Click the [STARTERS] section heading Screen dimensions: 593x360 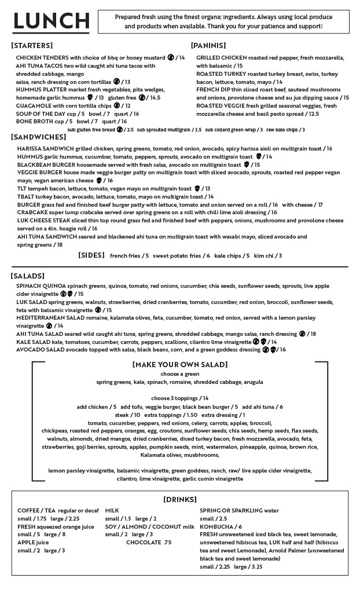pos(32,45)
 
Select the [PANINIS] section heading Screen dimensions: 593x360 pos(208,45)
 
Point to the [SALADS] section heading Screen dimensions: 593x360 pos(28,276)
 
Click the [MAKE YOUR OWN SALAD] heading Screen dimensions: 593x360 pos(179,364)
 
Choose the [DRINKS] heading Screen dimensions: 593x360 pos(179,499)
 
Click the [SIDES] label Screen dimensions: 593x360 pos(91,255)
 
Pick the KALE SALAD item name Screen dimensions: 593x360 pos(33,342)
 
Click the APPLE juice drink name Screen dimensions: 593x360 pos(32,543)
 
